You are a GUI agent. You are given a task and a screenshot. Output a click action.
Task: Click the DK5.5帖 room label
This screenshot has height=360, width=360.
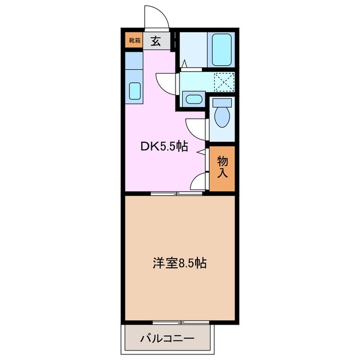click(x=164, y=147)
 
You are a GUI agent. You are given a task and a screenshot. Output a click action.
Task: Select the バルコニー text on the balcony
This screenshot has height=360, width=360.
click(x=167, y=339)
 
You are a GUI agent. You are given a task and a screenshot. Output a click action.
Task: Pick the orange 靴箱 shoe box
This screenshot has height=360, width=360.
click(x=134, y=40)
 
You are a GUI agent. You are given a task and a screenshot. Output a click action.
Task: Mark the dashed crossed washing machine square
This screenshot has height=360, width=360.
click(x=224, y=82)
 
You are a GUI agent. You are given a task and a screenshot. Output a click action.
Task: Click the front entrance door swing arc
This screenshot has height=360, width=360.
click(x=155, y=16)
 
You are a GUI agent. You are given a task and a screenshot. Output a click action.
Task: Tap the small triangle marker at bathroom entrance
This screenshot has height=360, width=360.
click(x=183, y=64)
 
